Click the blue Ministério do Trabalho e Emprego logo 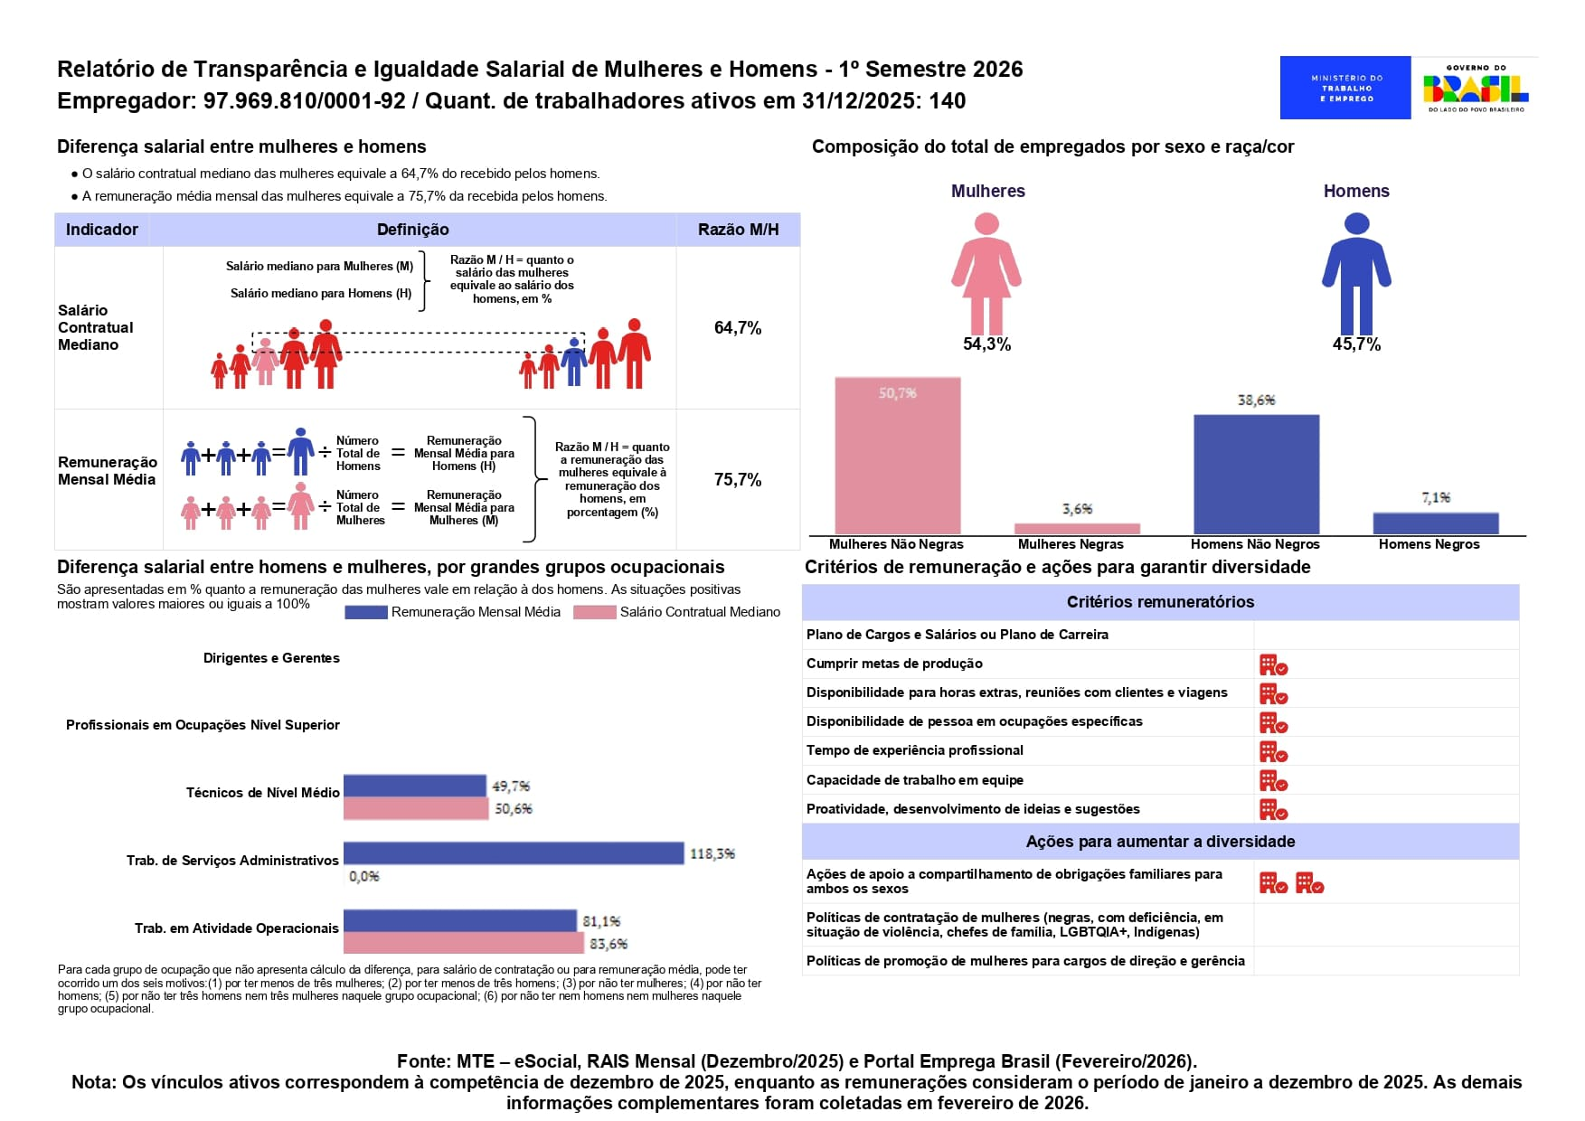click(x=1345, y=88)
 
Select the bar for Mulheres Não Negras click(x=897, y=456)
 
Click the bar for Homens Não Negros click(x=1256, y=475)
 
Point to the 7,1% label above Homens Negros click(x=1436, y=498)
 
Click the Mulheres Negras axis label click(x=1071, y=544)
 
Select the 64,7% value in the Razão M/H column click(x=738, y=328)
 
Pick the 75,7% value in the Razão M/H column click(x=738, y=480)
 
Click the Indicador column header click(x=102, y=230)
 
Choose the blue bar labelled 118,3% click(x=514, y=853)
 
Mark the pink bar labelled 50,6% click(x=416, y=809)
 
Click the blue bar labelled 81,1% click(x=460, y=921)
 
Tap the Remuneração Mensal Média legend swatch click(x=366, y=613)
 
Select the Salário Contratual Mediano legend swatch click(x=595, y=613)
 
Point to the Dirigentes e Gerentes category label click(x=271, y=658)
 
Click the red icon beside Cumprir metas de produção click(x=1273, y=665)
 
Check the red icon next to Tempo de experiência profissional click(x=1273, y=752)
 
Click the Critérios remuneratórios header click(x=1160, y=602)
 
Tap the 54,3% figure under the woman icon click(x=986, y=344)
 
